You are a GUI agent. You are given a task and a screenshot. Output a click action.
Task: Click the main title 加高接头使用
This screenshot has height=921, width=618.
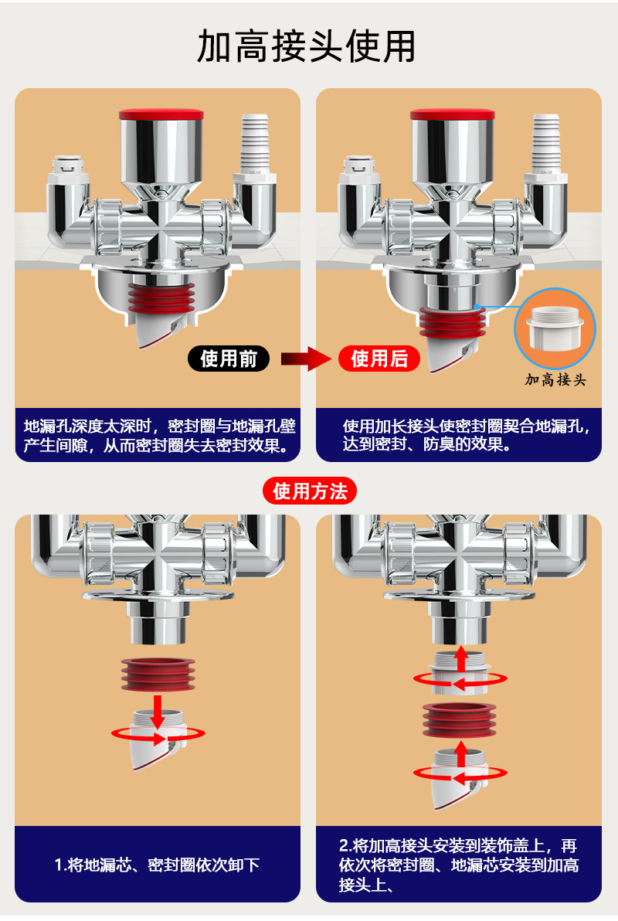tap(307, 47)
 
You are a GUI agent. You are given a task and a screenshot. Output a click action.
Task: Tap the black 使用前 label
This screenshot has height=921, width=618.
tap(229, 359)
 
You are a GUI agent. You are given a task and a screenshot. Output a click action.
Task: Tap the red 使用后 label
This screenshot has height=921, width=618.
tap(379, 359)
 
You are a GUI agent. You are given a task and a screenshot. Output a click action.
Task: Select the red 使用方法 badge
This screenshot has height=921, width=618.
tap(310, 491)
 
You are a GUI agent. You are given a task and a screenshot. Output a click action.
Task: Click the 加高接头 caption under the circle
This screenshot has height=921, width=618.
tap(555, 379)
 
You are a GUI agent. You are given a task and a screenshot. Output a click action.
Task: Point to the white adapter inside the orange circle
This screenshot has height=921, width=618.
tap(555, 328)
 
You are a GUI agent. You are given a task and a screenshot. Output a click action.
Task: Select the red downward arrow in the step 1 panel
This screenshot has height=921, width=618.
tap(158, 710)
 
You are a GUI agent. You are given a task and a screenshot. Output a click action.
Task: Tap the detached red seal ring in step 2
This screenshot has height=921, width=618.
tap(460, 722)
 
